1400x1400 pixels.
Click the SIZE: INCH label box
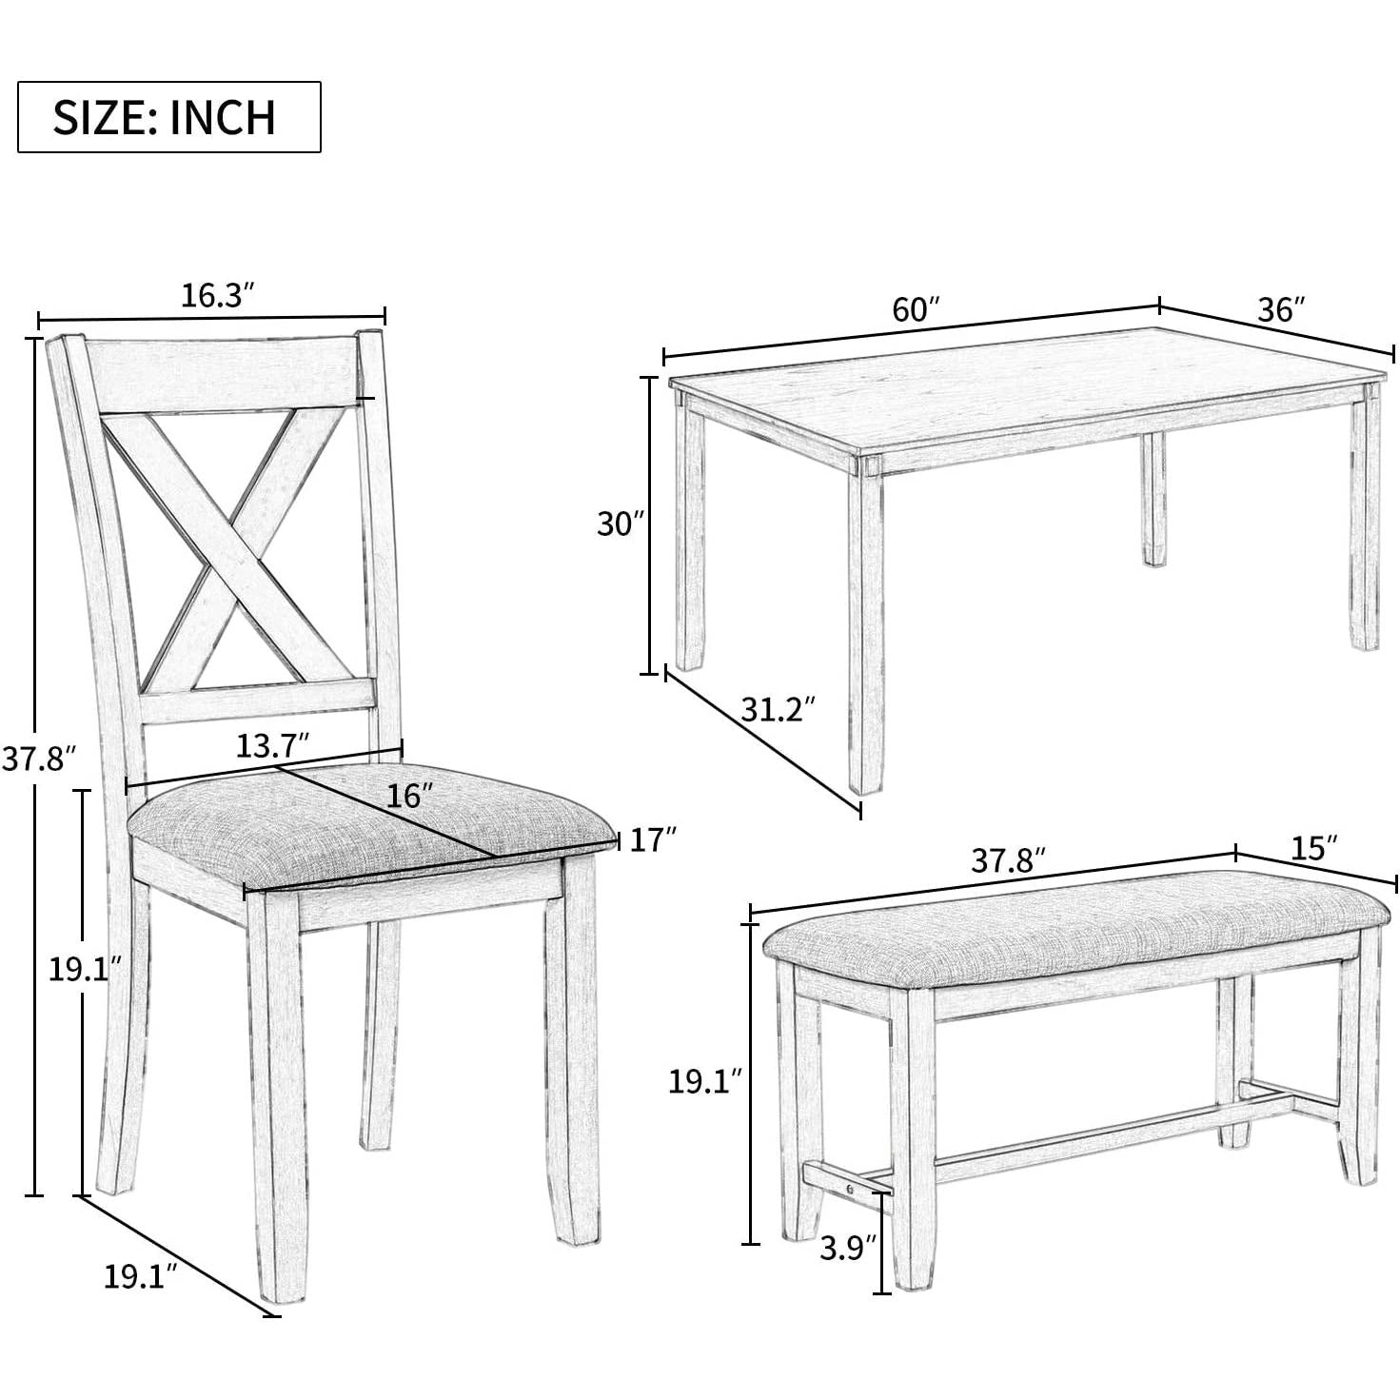pos(168,117)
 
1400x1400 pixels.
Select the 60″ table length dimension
pos(915,310)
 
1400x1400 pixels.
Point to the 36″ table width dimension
pos(1280,309)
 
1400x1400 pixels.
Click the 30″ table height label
pos(621,523)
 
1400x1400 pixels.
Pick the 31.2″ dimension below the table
pos(778,709)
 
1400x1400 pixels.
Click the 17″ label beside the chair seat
pos(653,839)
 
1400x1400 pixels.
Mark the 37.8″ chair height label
pos(38,759)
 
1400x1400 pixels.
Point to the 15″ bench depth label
pos(1315,848)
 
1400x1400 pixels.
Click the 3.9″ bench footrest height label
pos(846,1248)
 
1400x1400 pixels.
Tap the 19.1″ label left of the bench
pos(703,1081)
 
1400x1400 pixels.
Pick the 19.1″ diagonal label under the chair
pos(141,1275)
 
